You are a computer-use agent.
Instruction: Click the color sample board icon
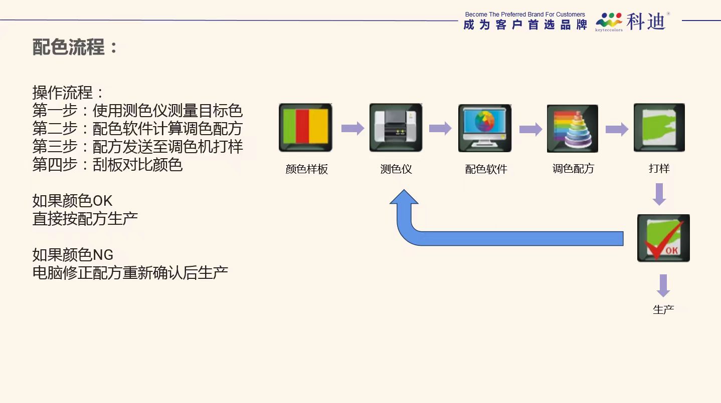(305, 127)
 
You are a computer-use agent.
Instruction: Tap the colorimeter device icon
(396, 127)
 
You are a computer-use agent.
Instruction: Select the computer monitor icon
(485, 128)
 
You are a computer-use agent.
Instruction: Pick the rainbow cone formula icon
(573, 129)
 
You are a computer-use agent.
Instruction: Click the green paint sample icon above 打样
(659, 127)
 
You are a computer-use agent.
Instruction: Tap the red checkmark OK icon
(663, 238)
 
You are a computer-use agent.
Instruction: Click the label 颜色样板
(306, 169)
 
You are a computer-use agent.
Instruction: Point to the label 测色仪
(396, 169)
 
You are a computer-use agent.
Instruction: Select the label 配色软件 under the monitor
(486, 169)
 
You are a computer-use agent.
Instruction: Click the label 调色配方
(573, 168)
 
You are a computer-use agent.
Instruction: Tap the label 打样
(659, 168)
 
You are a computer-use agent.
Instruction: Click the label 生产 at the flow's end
(663, 309)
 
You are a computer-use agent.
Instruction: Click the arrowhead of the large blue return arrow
(404, 196)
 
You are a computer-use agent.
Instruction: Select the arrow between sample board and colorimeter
(353, 128)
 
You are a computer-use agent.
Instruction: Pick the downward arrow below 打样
(659, 194)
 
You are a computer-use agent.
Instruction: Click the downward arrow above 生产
(663, 286)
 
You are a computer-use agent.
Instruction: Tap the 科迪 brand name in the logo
(646, 22)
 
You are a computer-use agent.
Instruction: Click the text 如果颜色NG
(73, 255)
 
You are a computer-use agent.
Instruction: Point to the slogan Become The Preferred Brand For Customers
(525, 15)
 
